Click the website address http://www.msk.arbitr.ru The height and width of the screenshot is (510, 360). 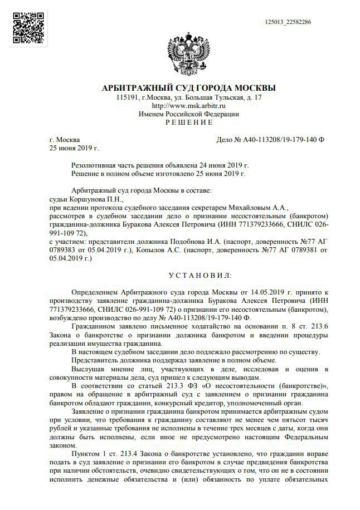coord(188,105)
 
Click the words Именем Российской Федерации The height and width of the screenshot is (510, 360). coord(189,114)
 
